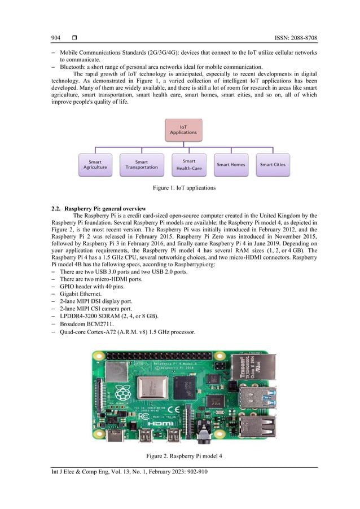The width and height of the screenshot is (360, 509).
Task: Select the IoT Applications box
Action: click(x=183, y=129)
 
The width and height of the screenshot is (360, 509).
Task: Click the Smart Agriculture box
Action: click(x=95, y=164)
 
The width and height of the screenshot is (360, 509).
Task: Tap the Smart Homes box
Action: click(x=231, y=164)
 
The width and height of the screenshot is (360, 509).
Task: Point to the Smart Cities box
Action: click(x=273, y=164)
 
